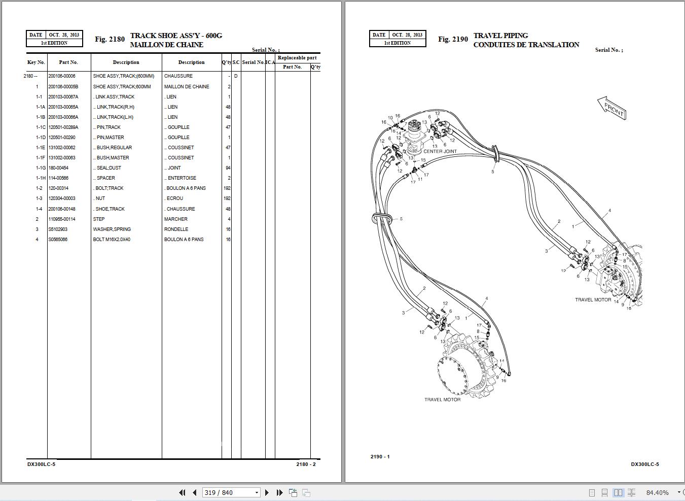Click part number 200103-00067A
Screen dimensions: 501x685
point(63,96)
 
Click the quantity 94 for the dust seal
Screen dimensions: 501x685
point(228,168)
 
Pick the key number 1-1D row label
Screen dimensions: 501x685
point(40,137)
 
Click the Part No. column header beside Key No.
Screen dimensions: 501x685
point(68,62)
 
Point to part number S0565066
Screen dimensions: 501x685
point(57,239)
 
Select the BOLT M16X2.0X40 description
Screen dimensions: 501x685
point(112,239)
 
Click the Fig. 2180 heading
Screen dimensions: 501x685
point(110,39)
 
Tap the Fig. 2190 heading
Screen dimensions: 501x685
point(453,39)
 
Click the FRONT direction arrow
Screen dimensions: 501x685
point(612,108)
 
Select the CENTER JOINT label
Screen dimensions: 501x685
point(440,151)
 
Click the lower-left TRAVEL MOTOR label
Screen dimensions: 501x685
point(442,399)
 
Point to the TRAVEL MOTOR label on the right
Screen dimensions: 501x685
point(593,299)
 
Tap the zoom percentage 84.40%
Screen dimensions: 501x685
point(657,492)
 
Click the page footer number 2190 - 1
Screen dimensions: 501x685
point(380,456)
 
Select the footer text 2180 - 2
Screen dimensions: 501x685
point(306,464)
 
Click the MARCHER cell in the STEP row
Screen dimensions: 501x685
point(175,219)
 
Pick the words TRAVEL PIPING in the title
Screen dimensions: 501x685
point(500,36)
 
